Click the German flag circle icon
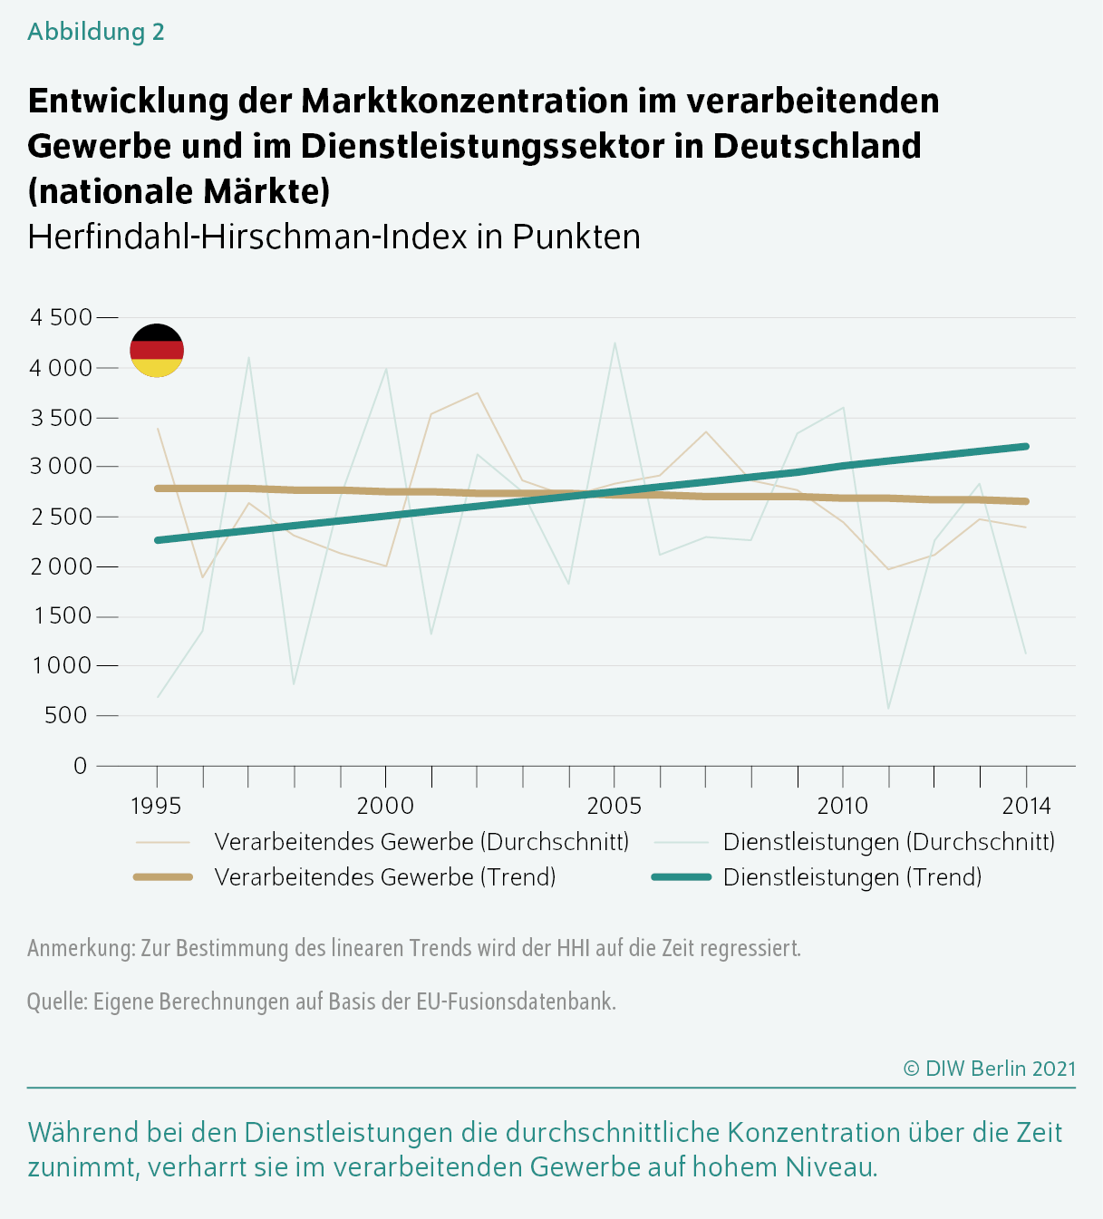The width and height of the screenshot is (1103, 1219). pyautogui.click(x=157, y=350)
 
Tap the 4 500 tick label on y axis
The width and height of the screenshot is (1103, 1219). pyautogui.click(x=62, y=317)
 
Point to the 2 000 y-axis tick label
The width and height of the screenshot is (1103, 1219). pyautogui.click(x=62, y=566)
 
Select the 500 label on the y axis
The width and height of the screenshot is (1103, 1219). pyautogui.click(x=65, y=715)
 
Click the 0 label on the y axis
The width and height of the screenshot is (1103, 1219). pyautogui.click(x=81, y=766)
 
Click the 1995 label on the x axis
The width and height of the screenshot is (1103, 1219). pyautogui.click(x=156, y=806)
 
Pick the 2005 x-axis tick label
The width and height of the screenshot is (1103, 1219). pyautogui.click(x=614, y=806)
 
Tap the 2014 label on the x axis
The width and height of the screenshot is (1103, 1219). pyautogui.click(x=1026, y=806)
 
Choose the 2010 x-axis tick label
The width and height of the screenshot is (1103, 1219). pyautogui.click(x=843, y=806)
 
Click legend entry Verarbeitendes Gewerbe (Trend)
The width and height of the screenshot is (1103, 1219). pyautogui.click(x=384, y=877)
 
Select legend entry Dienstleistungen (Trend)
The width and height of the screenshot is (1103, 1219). pyautogui.click(x=852, y=877)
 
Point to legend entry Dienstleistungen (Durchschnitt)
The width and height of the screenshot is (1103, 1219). pyautogui.click(x=888, y=842)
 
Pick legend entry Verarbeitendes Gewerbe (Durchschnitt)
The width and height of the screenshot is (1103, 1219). pyautogui.click(x=421, y=842)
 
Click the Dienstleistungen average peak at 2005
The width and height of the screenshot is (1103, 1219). pyautogui.click(x=615, y=343)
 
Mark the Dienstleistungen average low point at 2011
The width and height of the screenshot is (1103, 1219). pyautogui.click(x=888, y=709)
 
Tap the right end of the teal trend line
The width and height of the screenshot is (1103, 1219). pyautogui.click(x=1026, y=446)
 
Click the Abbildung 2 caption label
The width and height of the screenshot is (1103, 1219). pyautogui.click(x=96, y=32)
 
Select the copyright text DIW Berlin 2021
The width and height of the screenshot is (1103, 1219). pyautogui.click(x=990, y=1069)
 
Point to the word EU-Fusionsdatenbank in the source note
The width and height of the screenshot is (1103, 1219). pyautogui.click(x=516, y=1001)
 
